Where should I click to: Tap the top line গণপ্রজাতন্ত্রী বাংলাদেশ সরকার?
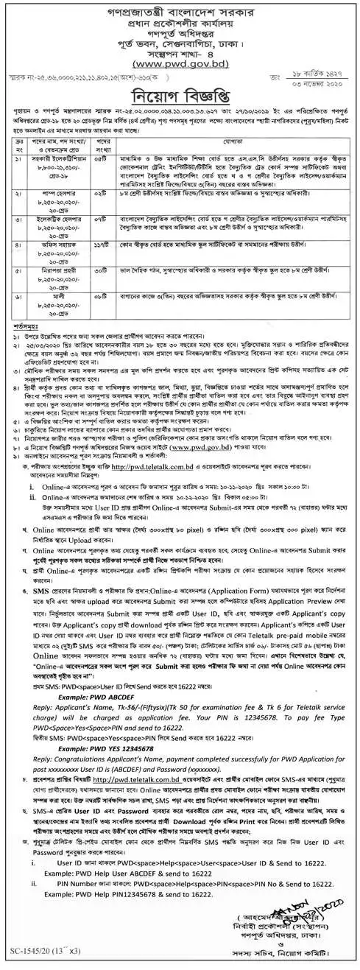point(180,10)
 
